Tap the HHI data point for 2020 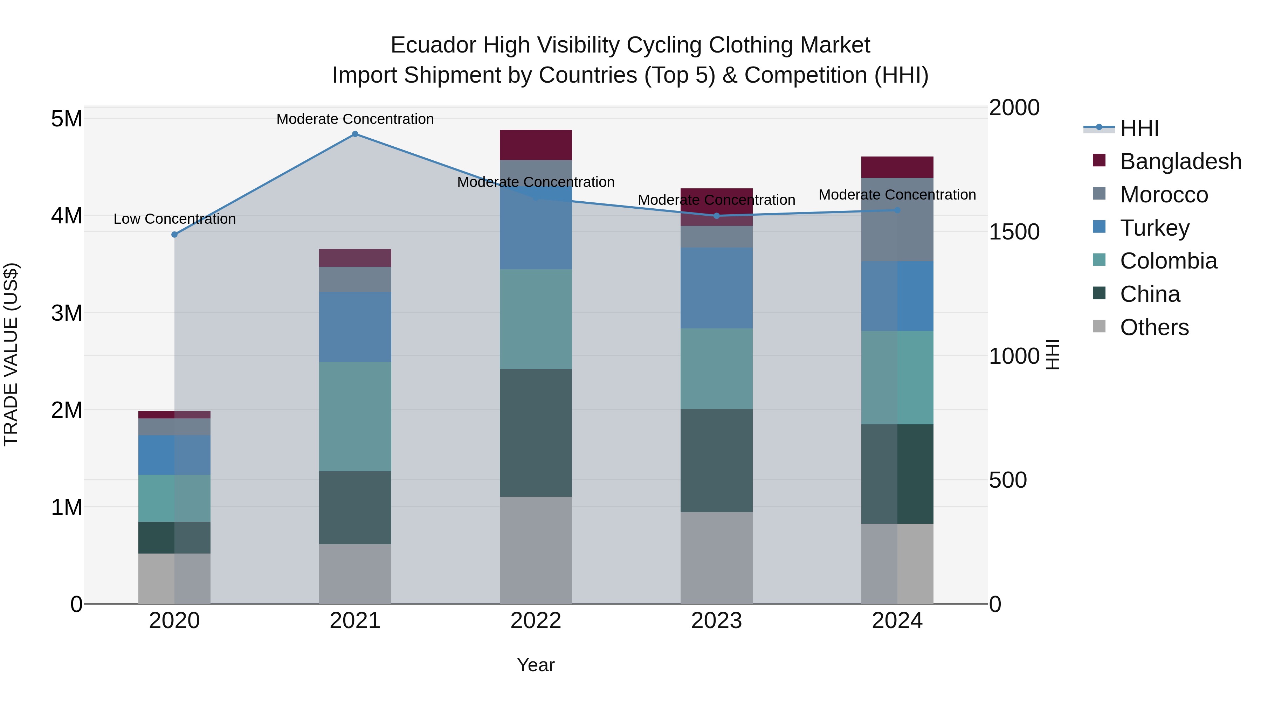(174, 234)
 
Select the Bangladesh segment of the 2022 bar (536, 145)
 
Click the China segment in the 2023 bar (716, 460)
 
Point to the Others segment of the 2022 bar (536, 550)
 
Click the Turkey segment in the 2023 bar (716, 288)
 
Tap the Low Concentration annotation (174, 219)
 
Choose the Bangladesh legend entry (1180, 161)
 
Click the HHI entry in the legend (1139, 128)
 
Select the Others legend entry (1154, 327)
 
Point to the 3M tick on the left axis (67, 313)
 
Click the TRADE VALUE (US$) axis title (11, 354)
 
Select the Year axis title (536, 665)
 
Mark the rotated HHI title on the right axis (1053, 354)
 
